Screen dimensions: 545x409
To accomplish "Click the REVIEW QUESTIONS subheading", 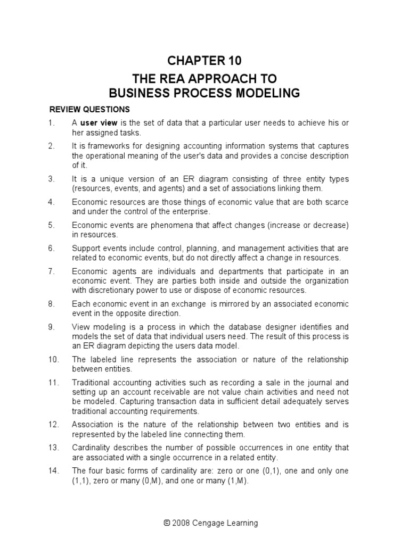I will [89, 110].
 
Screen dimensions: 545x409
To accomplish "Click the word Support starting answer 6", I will [86, 248].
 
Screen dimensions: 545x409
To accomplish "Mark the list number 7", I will [51, 271].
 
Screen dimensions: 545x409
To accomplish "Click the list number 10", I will [53, 359].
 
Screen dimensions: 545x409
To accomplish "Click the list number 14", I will [53, 470].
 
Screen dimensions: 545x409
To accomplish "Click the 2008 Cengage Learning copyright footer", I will [204, 523].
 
